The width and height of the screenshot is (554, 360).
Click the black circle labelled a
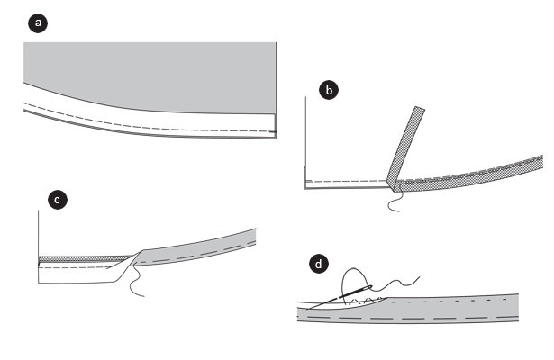click(38, 22)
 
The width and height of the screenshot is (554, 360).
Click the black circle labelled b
click(329, 90)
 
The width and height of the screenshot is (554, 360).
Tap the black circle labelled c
click(58, 200)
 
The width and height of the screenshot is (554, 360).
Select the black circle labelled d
click(319, 264)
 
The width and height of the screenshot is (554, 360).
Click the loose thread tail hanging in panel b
click(394, 202)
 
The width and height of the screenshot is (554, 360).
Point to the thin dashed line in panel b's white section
click(348, 182)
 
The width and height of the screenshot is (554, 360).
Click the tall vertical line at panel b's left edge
click(304, 141)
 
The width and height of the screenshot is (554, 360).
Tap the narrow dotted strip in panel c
click(85, 259)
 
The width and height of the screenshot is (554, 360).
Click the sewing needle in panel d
click(340, 297)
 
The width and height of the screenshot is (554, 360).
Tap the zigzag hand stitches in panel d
click(362, 301)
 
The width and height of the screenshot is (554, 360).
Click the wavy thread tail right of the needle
click(395, 284)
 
